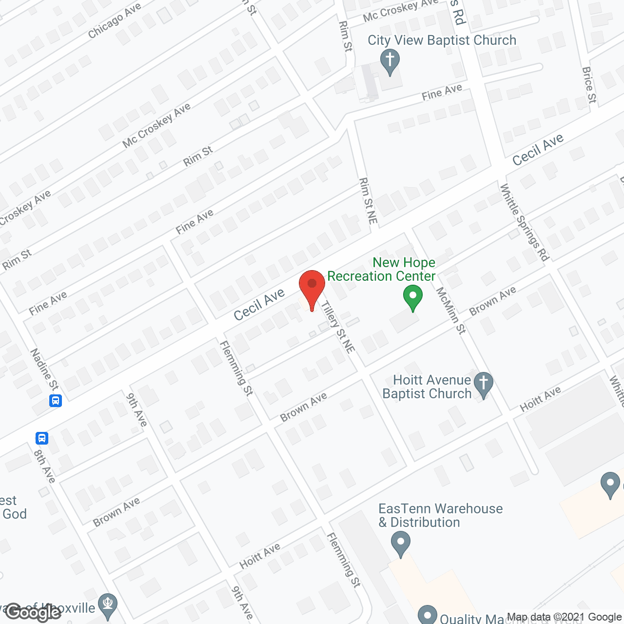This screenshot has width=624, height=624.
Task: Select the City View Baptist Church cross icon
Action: click(x=390, y=61)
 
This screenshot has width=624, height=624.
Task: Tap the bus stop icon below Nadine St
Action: click(x=56, y=401)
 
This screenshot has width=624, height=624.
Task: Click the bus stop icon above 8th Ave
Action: click(x=42, y=438)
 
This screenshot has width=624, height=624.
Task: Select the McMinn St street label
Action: click(x=451, y=311)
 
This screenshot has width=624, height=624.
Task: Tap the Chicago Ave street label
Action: click(x=115, y=20)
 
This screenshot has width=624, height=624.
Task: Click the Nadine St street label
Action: click(x=44, y=369)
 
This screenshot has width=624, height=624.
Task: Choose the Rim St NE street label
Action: click(x=369, y=201)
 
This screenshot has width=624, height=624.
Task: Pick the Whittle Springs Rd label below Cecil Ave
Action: click(x=525, y=222)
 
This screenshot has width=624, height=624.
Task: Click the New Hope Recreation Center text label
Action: click(x=381, y=269)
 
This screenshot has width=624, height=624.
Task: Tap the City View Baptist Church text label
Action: click(x=442, y=40)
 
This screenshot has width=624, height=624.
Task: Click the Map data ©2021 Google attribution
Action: click(x=565, y=617)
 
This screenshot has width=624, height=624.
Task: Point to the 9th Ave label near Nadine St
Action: click(x=137, y=410)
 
